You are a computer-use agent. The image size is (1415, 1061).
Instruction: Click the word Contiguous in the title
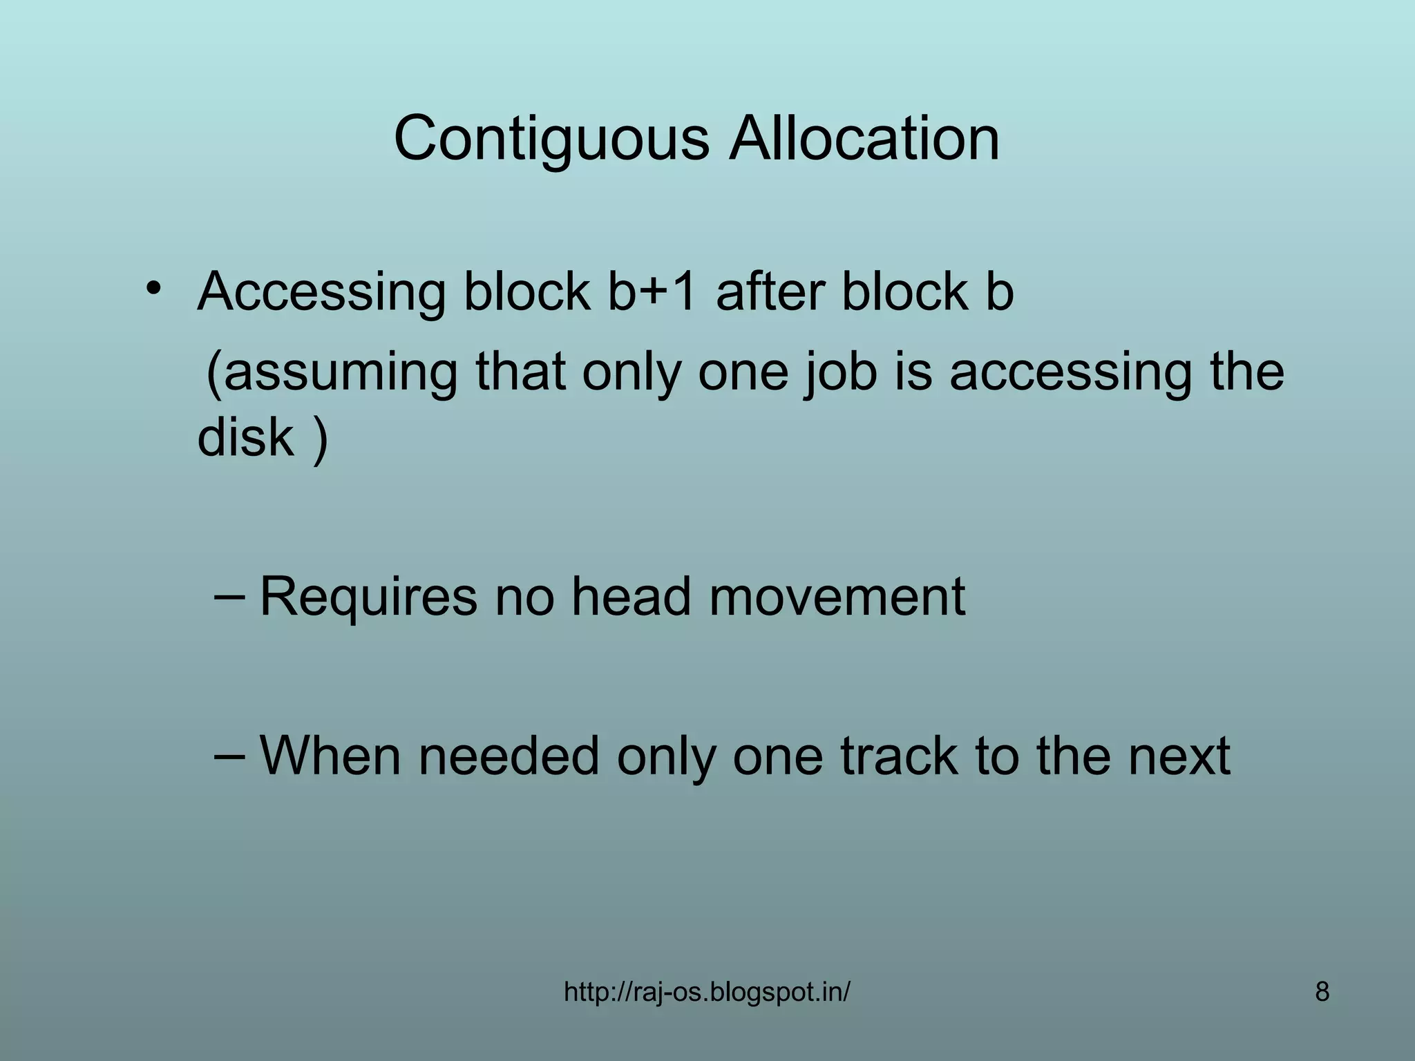(x=551, y=140)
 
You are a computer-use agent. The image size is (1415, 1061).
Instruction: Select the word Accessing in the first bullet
(x=321, y=292)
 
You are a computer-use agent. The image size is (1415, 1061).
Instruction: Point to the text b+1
(x=653, y=291)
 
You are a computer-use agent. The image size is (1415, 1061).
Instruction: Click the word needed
(x=508, y=755)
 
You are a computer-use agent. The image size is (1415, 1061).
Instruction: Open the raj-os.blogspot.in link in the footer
(x=707, y=993)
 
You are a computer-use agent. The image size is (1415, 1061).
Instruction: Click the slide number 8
(x=1322, y=993)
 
